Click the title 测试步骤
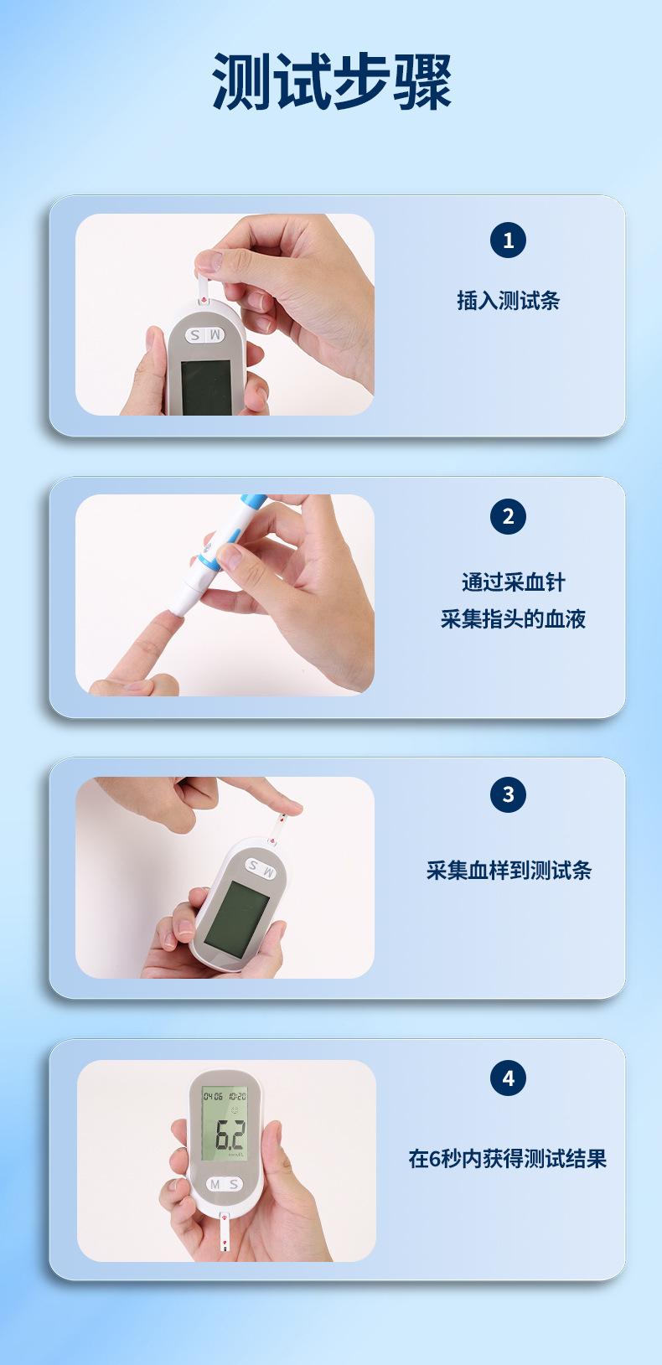[331, 81]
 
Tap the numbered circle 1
[508, 240]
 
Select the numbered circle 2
[508, 517]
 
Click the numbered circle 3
[508, 794]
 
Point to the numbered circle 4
[508, 1078]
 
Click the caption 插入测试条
[509, 301]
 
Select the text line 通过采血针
[514, 582]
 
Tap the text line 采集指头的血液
[514, 619]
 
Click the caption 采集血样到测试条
[509, 870]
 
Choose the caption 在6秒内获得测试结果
[508, 1158]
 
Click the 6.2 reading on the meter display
[230, 1135]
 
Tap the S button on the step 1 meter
[195, 335]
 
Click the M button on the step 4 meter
[215, 1184]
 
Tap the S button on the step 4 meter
[233, 1184]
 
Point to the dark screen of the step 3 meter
[236, 919]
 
